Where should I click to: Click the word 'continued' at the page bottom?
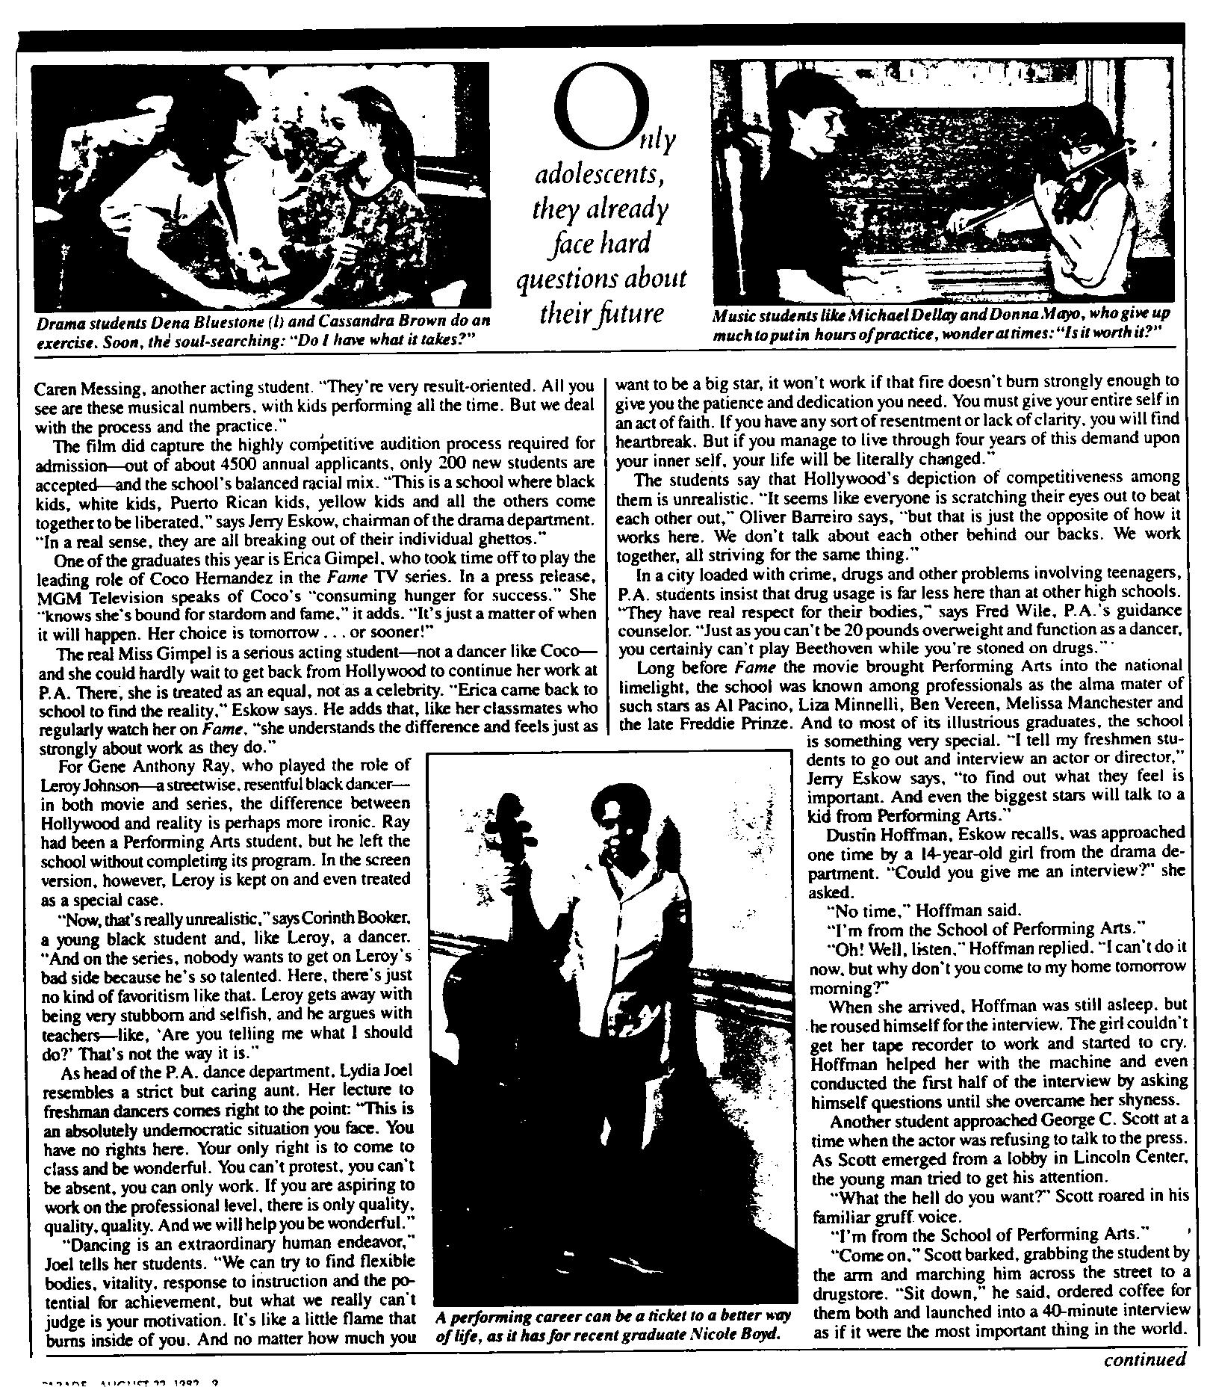(x=1144, y=1359)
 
